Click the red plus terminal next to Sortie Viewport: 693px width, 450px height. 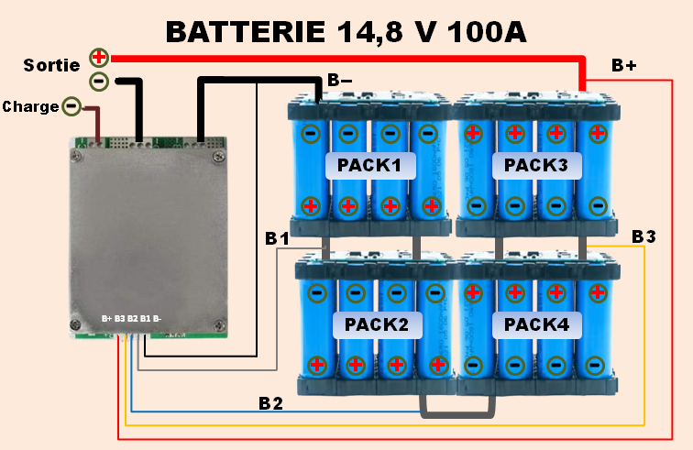click(x=99, y=58)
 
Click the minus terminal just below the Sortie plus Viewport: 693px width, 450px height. click(x=99, y=82)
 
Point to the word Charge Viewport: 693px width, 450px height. click(x=30, y=107)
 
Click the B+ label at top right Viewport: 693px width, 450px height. click(x=624, y=66)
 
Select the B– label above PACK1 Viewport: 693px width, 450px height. click(x=338, y=80)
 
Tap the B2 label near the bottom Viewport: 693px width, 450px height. click(x=270, y=402)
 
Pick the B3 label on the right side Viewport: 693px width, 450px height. click(x=643, y=237)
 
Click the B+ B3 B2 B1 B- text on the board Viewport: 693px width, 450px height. click(x=132, y=318)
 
